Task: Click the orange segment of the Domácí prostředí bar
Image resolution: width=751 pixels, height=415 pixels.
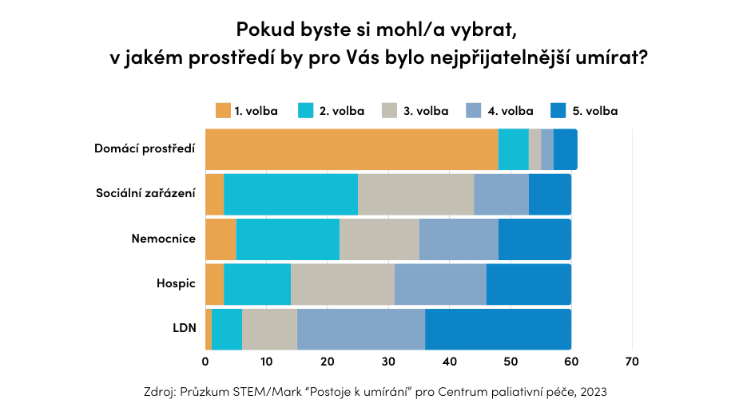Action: coord(352,148)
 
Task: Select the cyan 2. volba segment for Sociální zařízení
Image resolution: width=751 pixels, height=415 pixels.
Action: coord(291,193)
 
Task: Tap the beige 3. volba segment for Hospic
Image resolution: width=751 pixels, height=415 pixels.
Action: coord(343,284)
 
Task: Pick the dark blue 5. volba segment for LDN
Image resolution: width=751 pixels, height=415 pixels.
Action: coord(498,330)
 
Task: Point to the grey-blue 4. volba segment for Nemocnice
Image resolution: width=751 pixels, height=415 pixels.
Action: coord(459,239)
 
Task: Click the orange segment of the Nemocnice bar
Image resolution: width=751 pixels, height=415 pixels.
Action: coord(221,239)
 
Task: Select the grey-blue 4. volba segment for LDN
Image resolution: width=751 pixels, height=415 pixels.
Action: coord(361,330)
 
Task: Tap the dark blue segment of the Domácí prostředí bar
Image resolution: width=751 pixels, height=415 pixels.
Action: coord(565,148)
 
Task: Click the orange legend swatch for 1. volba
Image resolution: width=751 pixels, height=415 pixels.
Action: coord(222,111)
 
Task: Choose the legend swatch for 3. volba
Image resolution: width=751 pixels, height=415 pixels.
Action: coord(390,111)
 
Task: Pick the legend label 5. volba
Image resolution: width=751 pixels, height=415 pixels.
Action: coord(594,111)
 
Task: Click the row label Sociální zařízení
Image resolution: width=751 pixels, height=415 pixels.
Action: coord(145,193)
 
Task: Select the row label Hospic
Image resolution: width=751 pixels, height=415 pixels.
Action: coord(176,284)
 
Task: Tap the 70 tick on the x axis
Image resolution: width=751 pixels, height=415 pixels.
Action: coord(632,362)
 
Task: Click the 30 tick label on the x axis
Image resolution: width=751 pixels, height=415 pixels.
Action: coord(388,362)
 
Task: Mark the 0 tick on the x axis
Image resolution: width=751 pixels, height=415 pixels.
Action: coord(205,362)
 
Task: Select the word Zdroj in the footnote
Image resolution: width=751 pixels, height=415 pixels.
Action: coord(159,393)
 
